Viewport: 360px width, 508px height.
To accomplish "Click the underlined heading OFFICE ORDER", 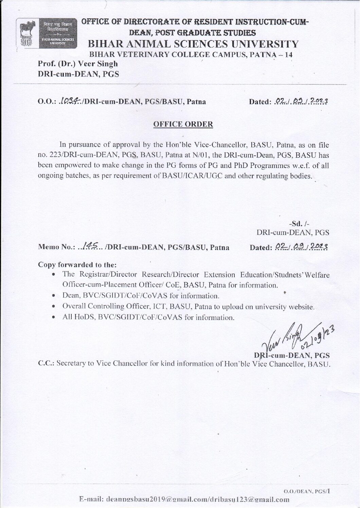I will click(183, 124).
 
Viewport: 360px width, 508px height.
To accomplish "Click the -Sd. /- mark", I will click(299, 223).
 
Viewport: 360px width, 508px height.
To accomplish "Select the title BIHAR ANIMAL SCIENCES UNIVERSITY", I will click(193, 44).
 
